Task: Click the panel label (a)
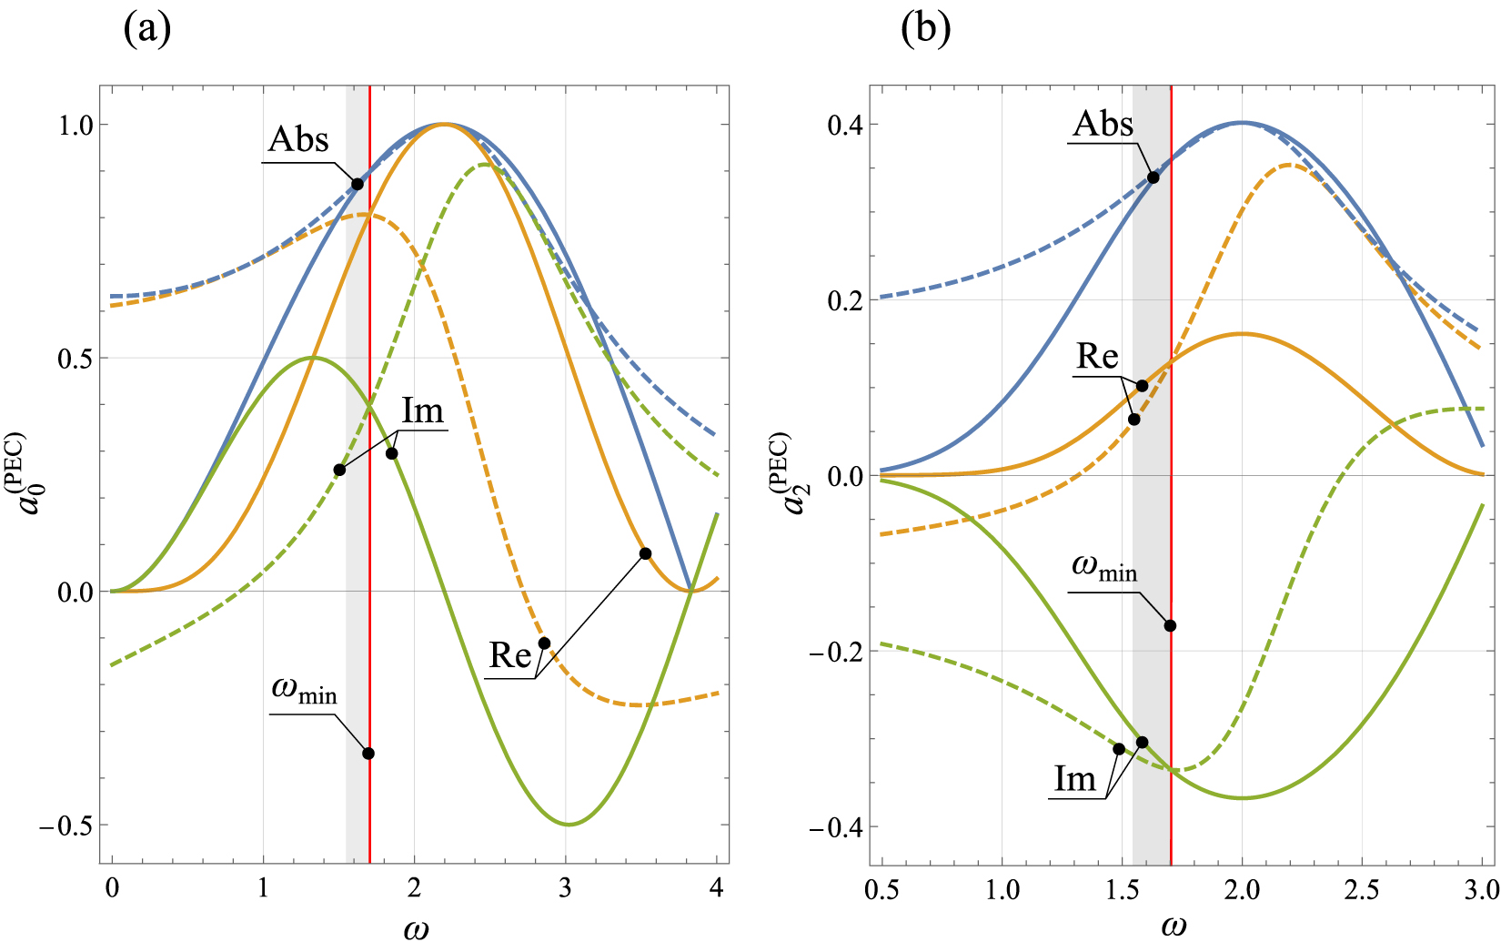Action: coord(146,29)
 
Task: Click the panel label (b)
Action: coord(925,29)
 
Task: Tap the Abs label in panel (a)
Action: coord(298,140)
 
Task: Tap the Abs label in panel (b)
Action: coord(1103,124)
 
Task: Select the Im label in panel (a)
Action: coord(423,412)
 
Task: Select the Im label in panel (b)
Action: coord(1075,779)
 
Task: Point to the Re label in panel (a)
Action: coord(510,655)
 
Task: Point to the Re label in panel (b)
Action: coord(1097,357)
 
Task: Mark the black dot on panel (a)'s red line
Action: coord(368,754)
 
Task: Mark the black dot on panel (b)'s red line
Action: coord(1171,625)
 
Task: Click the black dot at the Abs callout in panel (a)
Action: coord(358,184)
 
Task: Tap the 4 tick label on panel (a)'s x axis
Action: coord(717,887)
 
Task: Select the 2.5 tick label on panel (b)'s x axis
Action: coord(1362,887)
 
